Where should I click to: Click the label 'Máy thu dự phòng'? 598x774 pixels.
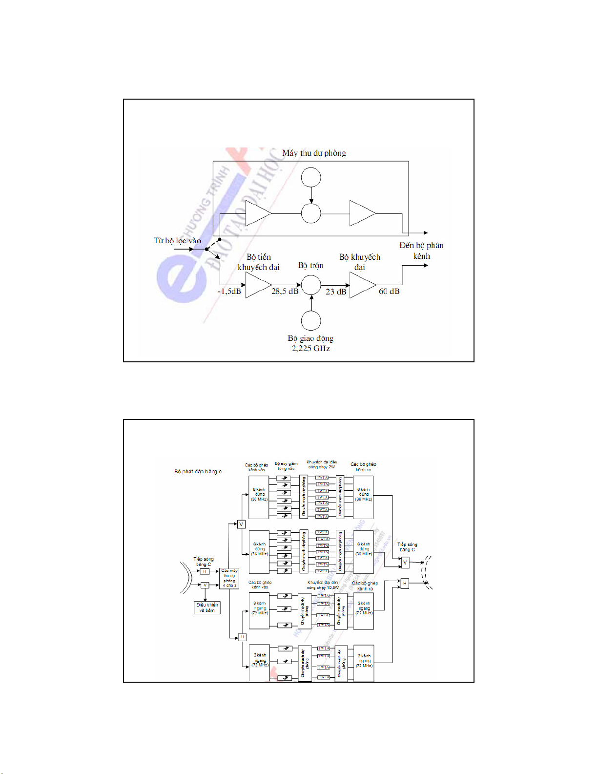coord(314,153)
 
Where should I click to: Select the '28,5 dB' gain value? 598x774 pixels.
coord(285,292)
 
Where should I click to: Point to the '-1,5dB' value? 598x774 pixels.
coord(229,292)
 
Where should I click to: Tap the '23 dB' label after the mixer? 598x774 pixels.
coord(336,292)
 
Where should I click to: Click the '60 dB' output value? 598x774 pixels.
coord(389,292)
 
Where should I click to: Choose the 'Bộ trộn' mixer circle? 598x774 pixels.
coord(311,285)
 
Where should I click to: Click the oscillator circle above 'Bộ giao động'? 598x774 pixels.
coord(311,321)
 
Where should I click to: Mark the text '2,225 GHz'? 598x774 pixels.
coord(311,349)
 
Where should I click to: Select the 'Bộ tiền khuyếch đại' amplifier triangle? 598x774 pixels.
coord(258,285)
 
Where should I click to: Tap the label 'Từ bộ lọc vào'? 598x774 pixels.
coord(177,241)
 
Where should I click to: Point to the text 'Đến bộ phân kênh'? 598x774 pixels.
coord(421,251)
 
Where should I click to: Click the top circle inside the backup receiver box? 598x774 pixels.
coord(311,177)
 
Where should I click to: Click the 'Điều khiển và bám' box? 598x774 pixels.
coord(207,607)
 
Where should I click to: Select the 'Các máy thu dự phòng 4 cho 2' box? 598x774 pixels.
coord(229,578)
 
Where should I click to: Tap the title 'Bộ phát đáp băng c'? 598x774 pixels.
coord(198,472)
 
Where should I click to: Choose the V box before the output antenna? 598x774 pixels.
coord(405,563)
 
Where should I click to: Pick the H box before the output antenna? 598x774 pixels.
coord(404,583)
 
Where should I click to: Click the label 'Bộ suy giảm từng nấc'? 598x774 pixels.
coord(286,466)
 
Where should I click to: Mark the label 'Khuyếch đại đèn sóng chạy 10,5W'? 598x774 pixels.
coord(323,585)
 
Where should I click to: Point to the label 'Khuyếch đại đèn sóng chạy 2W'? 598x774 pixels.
coord(322,464)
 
